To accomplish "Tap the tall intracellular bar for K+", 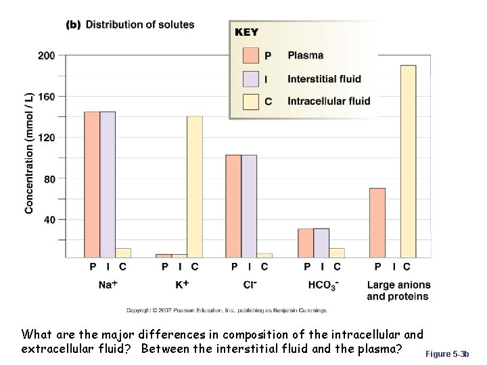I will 195,187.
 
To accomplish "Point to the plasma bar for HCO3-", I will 306,243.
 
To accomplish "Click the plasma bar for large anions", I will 377,222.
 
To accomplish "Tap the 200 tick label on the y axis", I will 47,55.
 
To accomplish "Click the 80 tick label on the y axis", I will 49,179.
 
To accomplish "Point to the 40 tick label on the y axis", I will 49,220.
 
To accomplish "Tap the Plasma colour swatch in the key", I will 251,55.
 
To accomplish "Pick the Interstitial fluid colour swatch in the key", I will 251,79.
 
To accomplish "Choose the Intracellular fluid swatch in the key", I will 251,101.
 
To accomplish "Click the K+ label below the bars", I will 181,285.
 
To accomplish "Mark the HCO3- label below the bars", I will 323,286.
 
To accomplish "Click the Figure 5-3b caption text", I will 451,354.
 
